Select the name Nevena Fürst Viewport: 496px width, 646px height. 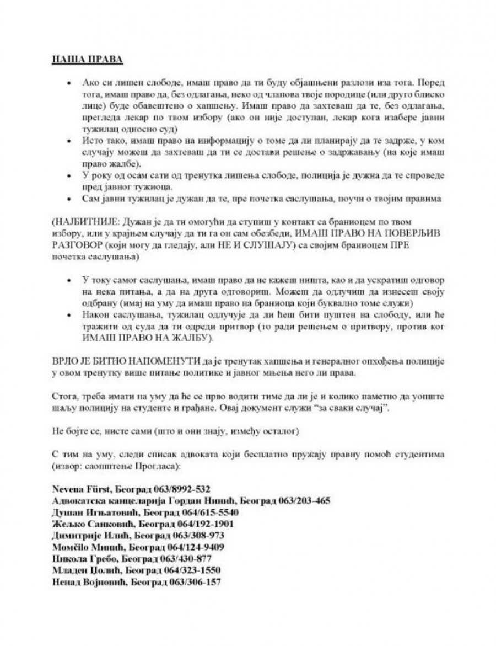(x=79, y=489)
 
